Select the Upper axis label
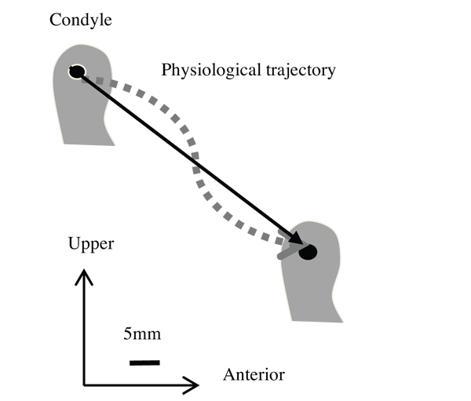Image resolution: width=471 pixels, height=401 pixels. [x=91, y=243]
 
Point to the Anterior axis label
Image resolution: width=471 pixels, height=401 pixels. [x=254, y=374]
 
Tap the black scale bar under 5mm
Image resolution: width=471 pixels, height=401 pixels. [x=144, y=362]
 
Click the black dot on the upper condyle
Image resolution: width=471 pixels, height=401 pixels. [x=76, y=72]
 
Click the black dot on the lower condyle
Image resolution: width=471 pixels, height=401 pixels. [x=308, y=252]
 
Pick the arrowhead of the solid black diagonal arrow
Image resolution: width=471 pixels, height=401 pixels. [x=294, y=240]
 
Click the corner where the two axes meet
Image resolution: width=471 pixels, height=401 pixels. [x=84, y=385]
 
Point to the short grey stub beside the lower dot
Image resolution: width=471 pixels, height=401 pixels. [x=287, y=253]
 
